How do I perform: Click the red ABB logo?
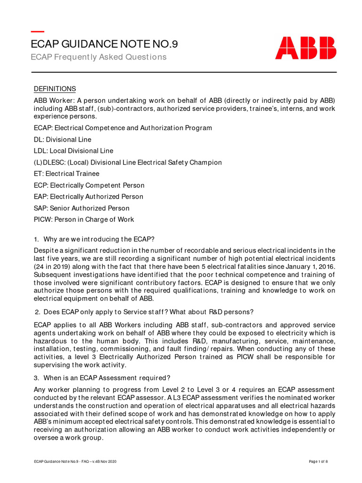pyautogui.click(x=305, y=48)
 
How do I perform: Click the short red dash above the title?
pyautogui.click(x=37, y=32)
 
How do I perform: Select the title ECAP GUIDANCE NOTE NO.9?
pyautogui.click(x=104, y=44)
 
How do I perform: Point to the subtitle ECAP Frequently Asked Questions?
pyautogui.click(x=99, y=57)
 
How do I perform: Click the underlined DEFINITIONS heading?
pyautogui.click(x=55, y=89)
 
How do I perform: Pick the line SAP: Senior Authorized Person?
pyautogui.click(x=82, y=208)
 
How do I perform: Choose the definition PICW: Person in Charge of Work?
pyautogui.click(x=84, y=219)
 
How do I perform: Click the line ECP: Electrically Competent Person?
pyautogui.click(x=89, y=185)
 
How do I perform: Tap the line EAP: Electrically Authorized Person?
pyautogui.click(x=89, y=197)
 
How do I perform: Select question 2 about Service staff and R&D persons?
pyautogui.click(x=144, y=311)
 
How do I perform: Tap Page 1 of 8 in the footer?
pyautogui.click(x=318, y=461)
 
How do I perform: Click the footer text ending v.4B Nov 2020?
pyautogui.click(x=75, y=461)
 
